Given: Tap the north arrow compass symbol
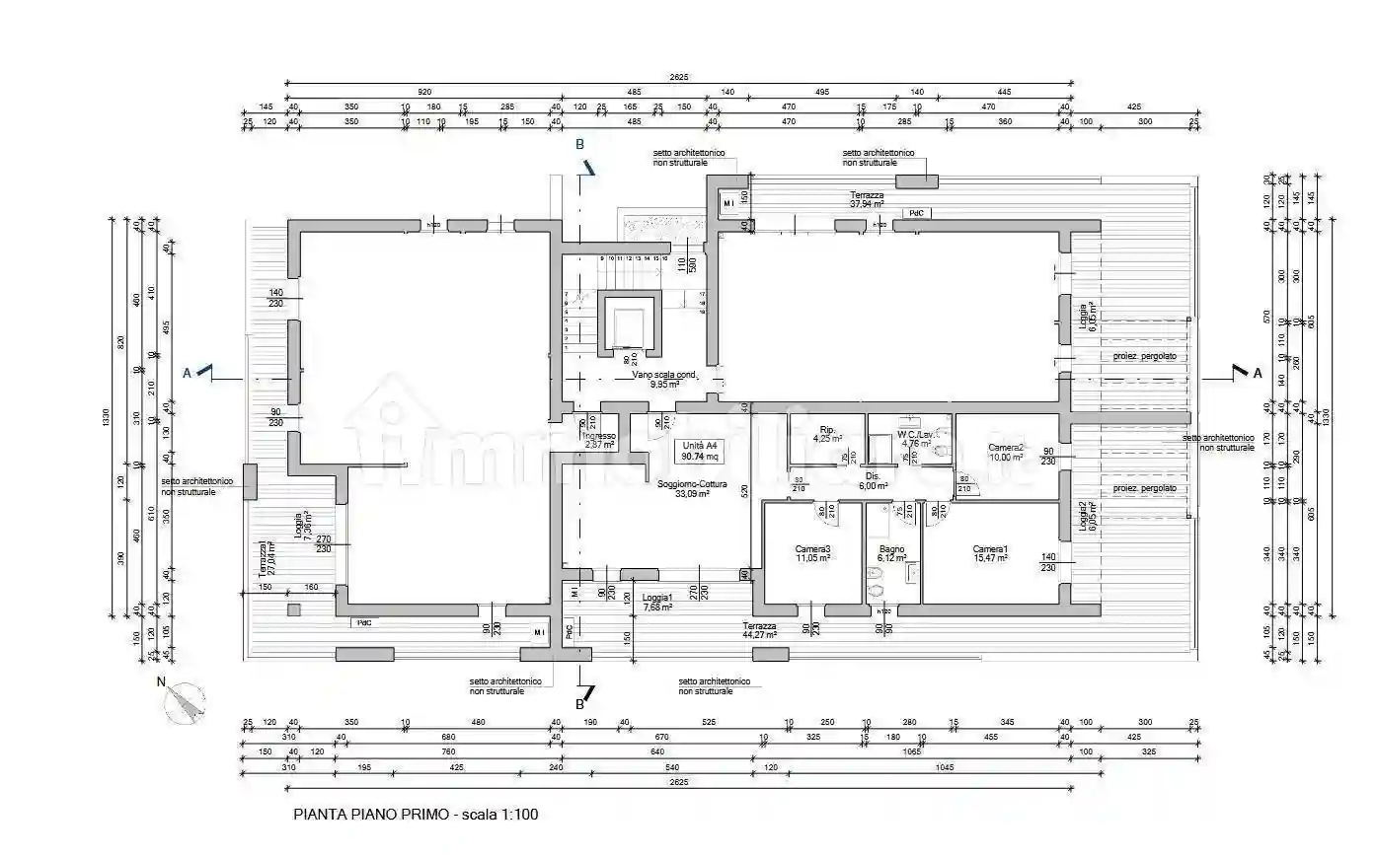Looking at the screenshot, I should (x=186, y=701).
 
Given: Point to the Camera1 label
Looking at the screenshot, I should (x=990, y=553).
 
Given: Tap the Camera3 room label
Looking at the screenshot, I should (x=812, y=553).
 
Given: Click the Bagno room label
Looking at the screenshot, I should (x=891, y=553).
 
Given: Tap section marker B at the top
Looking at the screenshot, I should (x=580, y=145).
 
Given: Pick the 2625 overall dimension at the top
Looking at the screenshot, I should (x=678, y=77).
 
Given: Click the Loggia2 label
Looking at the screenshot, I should (x=1085, y=518).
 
